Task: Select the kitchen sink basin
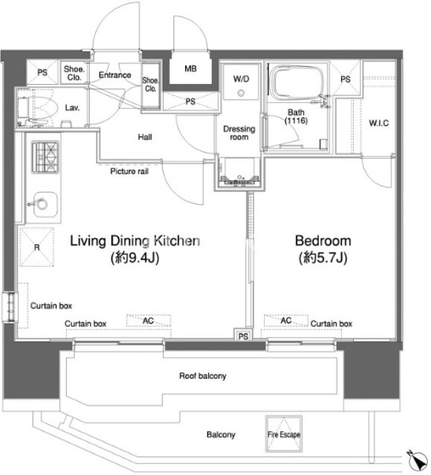(45, 204)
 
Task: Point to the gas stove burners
(45, 157)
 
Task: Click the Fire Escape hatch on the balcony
(284, 434)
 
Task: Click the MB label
(190, 69)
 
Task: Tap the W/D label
(242, 79)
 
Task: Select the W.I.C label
(379, 123)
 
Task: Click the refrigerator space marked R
(37, 247)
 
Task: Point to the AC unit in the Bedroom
(286, 321)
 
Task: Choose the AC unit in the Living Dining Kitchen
(148, 321)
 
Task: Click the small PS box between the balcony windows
(243, 335)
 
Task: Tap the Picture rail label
(129, 171)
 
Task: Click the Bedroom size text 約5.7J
(323, 258)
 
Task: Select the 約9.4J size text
(135, 258)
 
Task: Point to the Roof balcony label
(203, 376)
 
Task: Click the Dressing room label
(239, 133)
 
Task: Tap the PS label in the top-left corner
(42, 73)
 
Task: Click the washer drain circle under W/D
(242, 93)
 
